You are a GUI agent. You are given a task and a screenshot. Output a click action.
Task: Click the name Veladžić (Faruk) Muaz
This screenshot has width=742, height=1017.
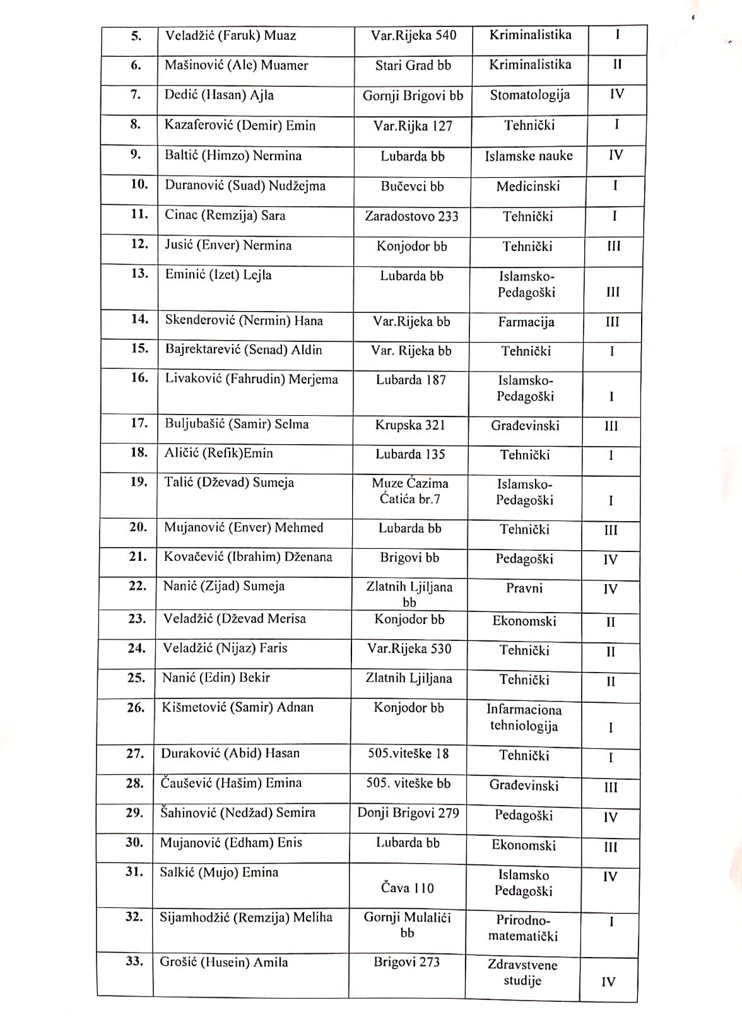[230, 36]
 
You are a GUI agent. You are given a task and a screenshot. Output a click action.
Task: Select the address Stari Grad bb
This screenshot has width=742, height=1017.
[413, 66]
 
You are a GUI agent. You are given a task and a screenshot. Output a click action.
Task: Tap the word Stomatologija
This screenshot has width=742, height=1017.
[529, 95]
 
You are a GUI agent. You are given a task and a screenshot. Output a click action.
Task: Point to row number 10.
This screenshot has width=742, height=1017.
[139, 185]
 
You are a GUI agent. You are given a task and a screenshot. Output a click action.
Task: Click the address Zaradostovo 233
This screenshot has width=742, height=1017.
[411, 216]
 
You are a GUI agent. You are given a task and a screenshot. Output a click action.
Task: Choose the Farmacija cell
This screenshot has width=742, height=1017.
[526, 322]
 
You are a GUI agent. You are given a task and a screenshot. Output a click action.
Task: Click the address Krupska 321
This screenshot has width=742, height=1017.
[410, 426]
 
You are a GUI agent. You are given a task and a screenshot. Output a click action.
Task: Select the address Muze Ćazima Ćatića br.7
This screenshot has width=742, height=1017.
[409, 491]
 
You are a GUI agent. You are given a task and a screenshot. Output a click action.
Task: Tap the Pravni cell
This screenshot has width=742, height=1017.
[524, 589]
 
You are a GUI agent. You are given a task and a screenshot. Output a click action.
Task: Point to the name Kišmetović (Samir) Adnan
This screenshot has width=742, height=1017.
[237, 708]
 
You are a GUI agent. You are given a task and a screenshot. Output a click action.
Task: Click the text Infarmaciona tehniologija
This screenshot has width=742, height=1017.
[524, 718]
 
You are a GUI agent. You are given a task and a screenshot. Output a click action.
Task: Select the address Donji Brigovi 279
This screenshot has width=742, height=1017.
[408, 813]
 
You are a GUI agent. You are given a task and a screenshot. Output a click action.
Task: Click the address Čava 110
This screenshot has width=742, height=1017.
[407, 888]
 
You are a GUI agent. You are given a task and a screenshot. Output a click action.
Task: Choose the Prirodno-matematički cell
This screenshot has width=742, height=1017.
[522, 928]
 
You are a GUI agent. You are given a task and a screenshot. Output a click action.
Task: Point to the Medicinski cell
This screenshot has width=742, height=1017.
[527, 187]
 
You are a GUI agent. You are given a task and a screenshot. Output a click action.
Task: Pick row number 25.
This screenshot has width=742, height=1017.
[136, 678]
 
